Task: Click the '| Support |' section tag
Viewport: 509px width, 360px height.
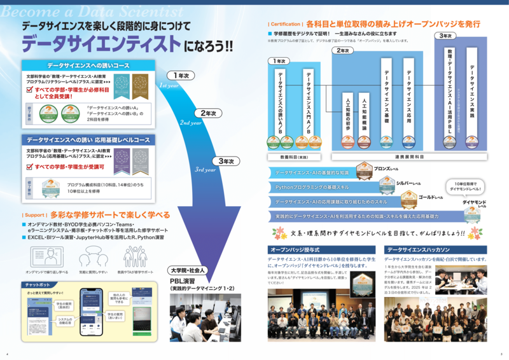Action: [34, 215]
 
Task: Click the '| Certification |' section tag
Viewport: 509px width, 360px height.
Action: [285, 24]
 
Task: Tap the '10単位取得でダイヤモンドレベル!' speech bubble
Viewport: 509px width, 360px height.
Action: [469, 186]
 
